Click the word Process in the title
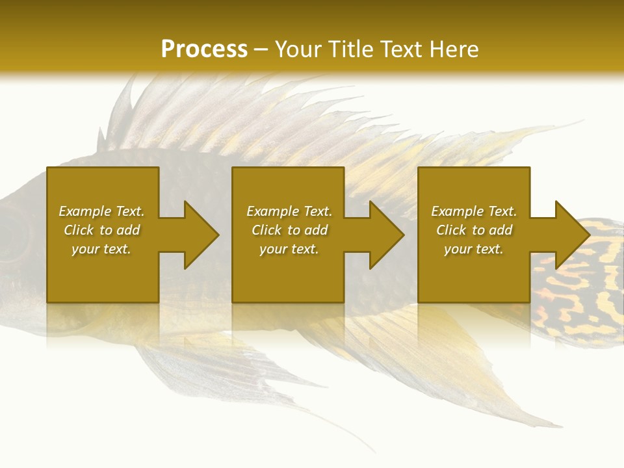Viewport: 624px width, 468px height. point(204,49)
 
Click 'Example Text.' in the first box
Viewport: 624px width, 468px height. point(101,211)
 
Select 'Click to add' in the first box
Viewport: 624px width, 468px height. point(101,230)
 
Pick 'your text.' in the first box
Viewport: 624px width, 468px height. point(101,249)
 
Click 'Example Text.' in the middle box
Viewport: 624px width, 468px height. point(289,211)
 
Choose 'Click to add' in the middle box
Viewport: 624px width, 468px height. point(289,230)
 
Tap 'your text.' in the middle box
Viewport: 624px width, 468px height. point(289,249)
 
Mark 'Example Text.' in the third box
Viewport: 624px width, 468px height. point(474,211)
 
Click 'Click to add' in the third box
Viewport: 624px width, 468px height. point(474,230)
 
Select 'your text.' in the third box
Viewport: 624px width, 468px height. point(474,249)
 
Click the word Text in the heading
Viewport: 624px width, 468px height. point(400,49)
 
